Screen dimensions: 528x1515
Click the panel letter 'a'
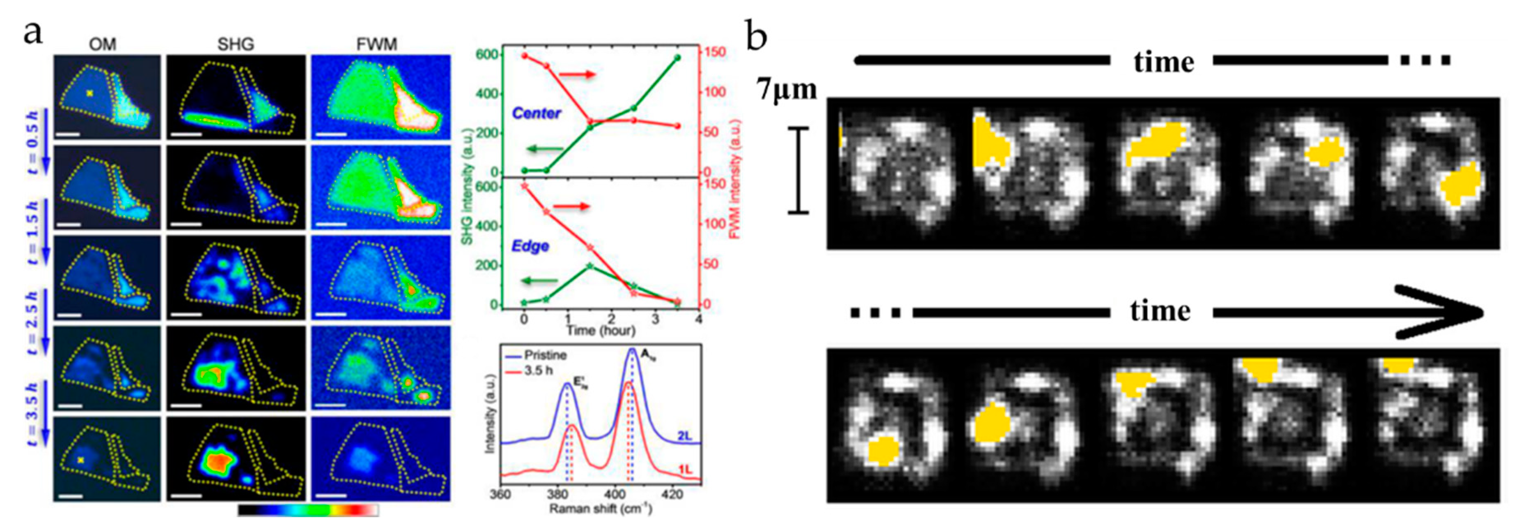[32, 33]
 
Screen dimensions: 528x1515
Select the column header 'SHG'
[235, 44]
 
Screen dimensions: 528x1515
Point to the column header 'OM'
[102, 44]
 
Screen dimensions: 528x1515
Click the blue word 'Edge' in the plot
[530, 246]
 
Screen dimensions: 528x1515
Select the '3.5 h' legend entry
[538, 371]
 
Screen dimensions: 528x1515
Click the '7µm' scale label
[787, 90]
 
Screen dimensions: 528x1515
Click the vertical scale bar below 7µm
[798, 170]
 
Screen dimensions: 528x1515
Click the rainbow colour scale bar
[308, 510]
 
